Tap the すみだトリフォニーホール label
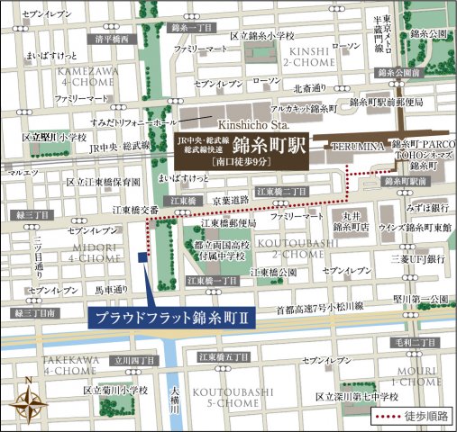coord(133,121)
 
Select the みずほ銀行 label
coord(428,204)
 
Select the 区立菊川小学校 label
coord(115,390)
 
